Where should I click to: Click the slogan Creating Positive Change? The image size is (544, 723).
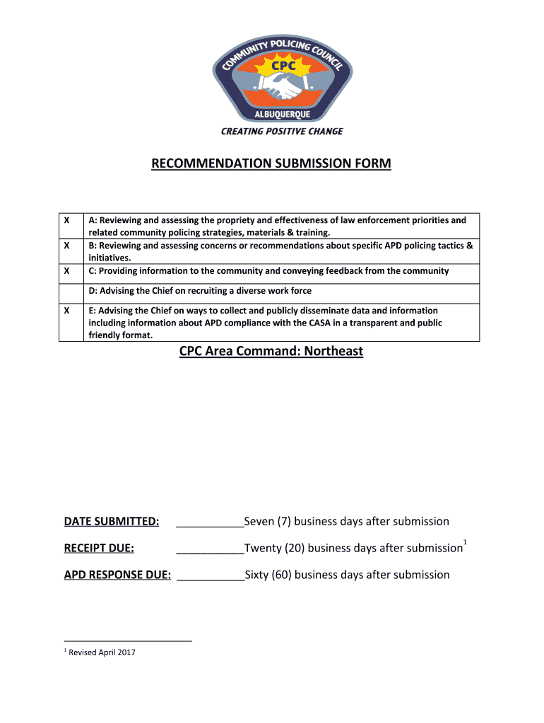point(282,131)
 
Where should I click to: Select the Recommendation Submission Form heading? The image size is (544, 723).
point(271,164)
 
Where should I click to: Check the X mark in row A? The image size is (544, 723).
point(66,220)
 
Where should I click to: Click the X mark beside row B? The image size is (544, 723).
point(66,246)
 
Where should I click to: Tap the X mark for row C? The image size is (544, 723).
point(66,271)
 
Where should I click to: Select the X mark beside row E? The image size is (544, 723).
point(66,311)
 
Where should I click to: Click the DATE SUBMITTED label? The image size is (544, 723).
point(112,522)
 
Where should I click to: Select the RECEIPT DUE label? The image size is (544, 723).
point(99,548)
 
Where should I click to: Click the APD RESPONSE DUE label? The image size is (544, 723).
point(117,575)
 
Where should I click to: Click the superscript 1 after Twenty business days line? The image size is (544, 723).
point(465,542)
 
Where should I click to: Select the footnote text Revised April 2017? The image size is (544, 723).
point(102,652)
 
